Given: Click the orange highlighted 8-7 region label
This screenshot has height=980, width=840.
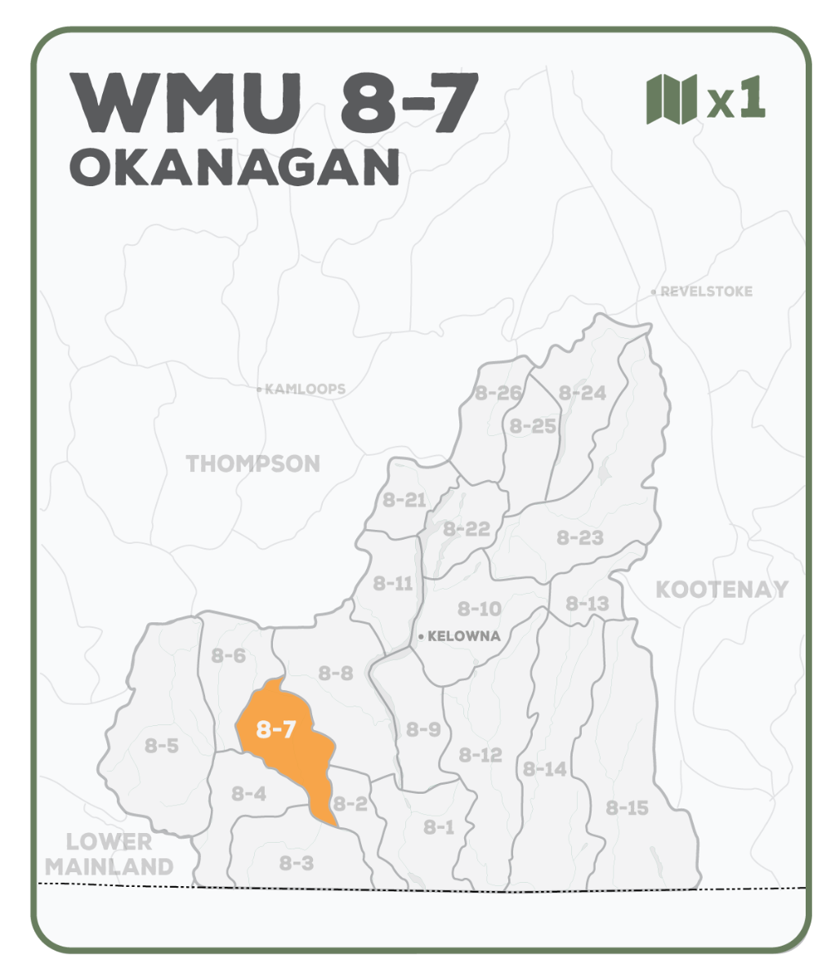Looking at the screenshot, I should [x=275, y=729].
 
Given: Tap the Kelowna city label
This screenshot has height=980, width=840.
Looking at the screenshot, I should [x=463, y=636].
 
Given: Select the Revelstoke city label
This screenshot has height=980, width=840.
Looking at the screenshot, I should [x=705, y=292].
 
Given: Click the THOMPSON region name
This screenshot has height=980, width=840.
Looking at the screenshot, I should [x=253, y=464].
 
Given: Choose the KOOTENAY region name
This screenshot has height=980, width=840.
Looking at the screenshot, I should [x=722, y=589].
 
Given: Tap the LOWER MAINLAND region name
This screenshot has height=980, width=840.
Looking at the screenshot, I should [x=109, y=853].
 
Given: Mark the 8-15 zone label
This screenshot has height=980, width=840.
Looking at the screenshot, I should [x=627, y=808].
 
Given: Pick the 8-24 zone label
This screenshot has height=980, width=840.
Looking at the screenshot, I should [x=582, y=393].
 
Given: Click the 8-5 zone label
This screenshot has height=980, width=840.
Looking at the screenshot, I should [x=162, y=745].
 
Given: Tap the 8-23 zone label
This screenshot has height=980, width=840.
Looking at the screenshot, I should [x=580, y=537].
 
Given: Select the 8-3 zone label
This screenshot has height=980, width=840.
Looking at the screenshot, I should [x=296, y=862].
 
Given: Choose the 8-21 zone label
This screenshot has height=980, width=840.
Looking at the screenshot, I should [x=404, y=500].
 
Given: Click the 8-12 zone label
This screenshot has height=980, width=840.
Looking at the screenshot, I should [x=480, y=755].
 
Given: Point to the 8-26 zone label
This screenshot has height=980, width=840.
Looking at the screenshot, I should [x=498, y=393].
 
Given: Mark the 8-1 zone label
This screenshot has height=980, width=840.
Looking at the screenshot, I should [x=439, y=827].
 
